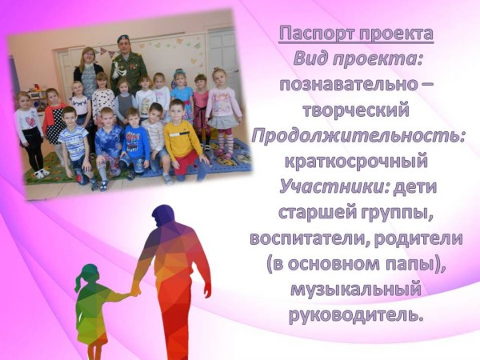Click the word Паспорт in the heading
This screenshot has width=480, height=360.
[x=317, y=34]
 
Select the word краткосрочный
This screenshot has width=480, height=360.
[x=356, y=162]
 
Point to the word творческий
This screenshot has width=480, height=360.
[x=356, y=110]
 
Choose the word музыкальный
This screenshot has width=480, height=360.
[x=356, y=290]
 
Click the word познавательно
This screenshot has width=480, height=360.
[x=348, y=85]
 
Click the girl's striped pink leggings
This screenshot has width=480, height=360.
[x=226, y=142]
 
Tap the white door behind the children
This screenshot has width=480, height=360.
[x=222, y=55]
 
